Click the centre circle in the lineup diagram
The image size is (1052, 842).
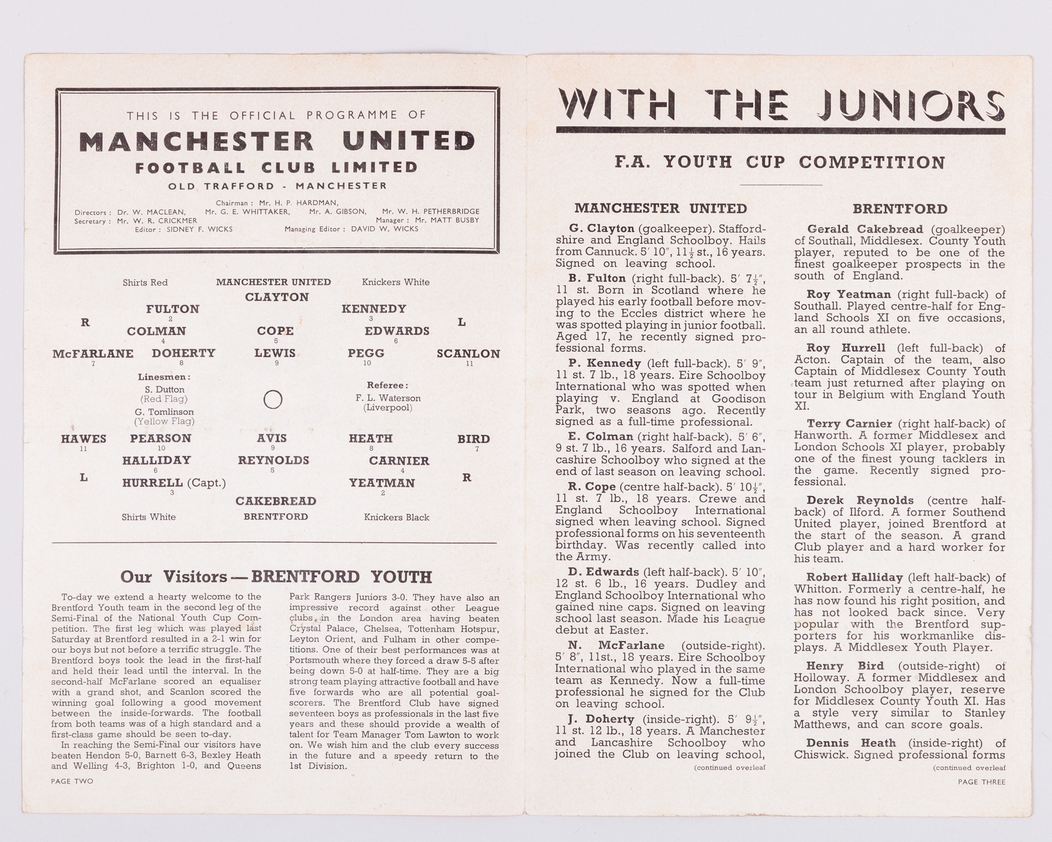click(x=273, y=399)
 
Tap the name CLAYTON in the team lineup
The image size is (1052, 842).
click(x=277, y=297)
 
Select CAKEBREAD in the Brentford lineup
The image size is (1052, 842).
click(x=276, y=501)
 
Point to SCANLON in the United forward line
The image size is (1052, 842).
click(x=468, y=353)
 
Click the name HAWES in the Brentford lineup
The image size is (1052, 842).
click(x=84, y=439)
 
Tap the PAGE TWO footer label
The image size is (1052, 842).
click(x=72, y=781)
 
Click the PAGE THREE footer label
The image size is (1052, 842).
click(x=982, y=782)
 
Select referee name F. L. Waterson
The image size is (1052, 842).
click(x=388, y=398)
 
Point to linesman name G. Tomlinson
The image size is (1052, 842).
click(x=164, y=412)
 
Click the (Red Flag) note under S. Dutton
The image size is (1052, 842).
click(x=165, y=399)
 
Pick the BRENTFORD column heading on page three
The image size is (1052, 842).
click(x=900, y=209)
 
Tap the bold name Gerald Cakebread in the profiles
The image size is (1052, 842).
click(x=865, y=229)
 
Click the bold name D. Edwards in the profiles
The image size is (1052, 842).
click(x=603, y=572)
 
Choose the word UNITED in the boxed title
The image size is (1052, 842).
click(x=409, y=141)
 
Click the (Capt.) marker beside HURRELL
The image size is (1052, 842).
click(x=206, y=483)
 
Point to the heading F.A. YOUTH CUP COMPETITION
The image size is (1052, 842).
click(x=780, y=162)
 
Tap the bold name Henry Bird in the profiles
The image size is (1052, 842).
click(x=845, y=666)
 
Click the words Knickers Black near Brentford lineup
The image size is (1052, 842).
click(x=396, y=517)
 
